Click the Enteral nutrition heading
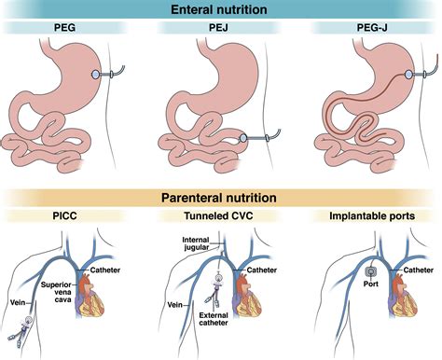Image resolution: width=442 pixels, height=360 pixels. [220, 10]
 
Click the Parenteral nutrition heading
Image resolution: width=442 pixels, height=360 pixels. [221, 199]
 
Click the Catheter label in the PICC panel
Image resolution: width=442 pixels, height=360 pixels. [104, 270]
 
